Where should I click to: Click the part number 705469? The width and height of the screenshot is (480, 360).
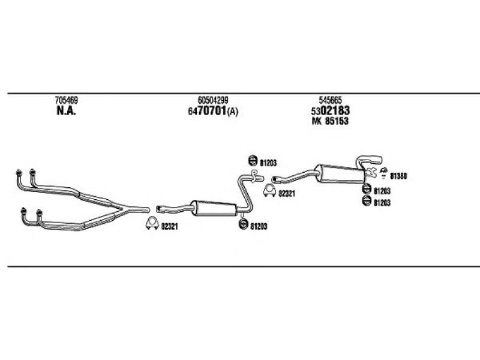point(67,100)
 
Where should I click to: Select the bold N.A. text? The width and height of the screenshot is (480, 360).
point(67,110)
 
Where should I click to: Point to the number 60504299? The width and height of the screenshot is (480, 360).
point(213,100)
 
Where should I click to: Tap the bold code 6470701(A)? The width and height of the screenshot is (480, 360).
point(213,111)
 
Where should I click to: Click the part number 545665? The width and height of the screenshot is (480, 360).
point(331,100)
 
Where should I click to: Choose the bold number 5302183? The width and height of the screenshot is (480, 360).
point(331,110)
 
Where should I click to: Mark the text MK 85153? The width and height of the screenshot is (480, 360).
point(330,121)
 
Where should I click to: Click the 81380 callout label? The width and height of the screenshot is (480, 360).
point(398,176)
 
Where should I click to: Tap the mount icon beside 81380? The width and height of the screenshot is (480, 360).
point(383,172)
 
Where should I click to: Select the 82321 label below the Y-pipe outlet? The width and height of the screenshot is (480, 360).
point(169,227)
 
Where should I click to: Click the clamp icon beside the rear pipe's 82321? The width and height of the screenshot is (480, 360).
point(269,190)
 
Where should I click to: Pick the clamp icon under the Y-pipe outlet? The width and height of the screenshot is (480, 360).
point(152,223)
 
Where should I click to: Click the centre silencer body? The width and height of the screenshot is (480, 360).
point(214,208)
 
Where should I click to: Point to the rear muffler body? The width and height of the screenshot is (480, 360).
point(340,173)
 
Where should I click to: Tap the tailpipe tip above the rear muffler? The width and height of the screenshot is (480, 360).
point(378,160)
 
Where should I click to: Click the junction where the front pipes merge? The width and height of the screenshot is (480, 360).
point(124,209)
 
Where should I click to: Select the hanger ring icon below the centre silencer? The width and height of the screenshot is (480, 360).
point(243,224)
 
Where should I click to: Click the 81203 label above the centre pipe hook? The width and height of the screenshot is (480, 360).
point(268,163)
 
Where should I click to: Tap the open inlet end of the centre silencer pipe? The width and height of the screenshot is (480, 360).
point(158,209)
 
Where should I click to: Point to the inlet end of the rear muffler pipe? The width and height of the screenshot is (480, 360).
point(274,179)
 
